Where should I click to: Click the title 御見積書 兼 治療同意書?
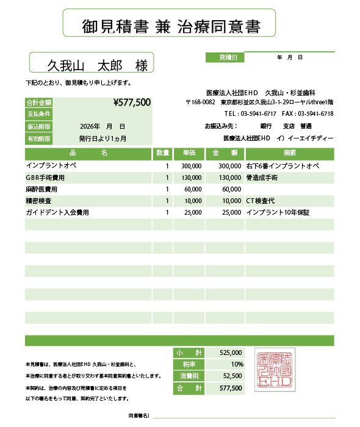[170, 26]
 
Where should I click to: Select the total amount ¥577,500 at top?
[132, 102]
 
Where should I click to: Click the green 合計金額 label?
[38, 102]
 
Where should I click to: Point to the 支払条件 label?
[38, 114]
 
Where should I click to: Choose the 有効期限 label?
[38, 138]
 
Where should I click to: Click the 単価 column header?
[189, 152]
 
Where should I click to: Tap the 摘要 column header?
[290, 152]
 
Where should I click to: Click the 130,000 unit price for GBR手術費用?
[192, 178]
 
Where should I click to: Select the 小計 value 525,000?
[231, 353]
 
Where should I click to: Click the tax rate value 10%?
[237, 364]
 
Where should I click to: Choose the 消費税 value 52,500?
[233, 376]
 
